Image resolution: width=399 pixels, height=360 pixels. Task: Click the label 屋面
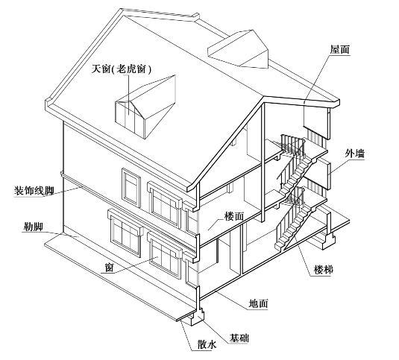pyautogui.click(x=340, y=50)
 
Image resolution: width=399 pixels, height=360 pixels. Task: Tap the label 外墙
pyautogui.click(x=355, y=154)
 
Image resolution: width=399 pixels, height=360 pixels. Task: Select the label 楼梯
pyautogui.click(x=324, y=270)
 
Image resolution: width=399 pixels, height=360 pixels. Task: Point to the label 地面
pyautogui.click(x=259, y=303)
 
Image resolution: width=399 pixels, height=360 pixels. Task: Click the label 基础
pyautogui.click(x=239, y=338)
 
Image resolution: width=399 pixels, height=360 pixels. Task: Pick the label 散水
pyautogui.click(x=207, y=344)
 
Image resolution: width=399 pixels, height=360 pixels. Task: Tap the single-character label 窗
pyautogui.click(x=109, y=267)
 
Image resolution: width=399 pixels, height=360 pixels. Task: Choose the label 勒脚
pyautogui.click(x=33, y=227)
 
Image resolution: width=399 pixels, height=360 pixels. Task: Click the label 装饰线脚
pyautogui.click(x=34, y=191)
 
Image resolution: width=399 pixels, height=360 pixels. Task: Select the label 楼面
pyautogui.click(x=234, y=216)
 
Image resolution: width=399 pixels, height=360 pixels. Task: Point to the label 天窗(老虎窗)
pyautogui.click(x=122, y=69)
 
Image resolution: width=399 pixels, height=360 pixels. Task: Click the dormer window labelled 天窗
pyautogui.click(x=145, y=107)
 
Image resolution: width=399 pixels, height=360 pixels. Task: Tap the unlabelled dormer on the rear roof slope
pyautogui.click(x=238, y=49)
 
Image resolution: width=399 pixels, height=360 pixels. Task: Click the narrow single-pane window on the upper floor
pyautogui.click(x=131, y=187)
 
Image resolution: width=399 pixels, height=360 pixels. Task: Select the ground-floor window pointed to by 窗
pyautogui.click(x=165, y=258)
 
